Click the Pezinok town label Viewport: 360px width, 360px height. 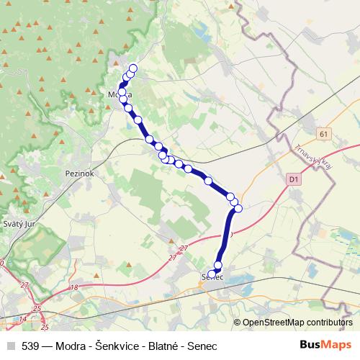click(x=76, y=174)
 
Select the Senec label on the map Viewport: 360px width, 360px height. click(x=212, y=277)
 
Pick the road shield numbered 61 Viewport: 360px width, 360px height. click(x=324, y=134)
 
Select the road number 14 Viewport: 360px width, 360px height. click(x=24, y=318)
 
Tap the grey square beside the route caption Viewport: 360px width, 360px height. click(x=11, y=346)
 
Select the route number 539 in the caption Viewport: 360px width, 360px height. click(x=31, y=346)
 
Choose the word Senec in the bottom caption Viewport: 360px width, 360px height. click(x=202, y=346)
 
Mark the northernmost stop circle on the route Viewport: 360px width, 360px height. click(x=132, y=68)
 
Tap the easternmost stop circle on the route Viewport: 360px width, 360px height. click(x=238, y=209)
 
